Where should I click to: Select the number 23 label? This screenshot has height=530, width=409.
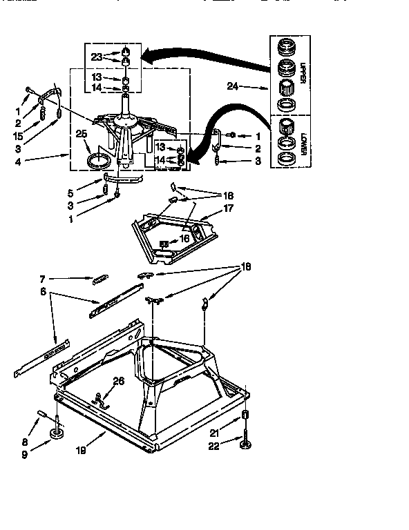point(95,57)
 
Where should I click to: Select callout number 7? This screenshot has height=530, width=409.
point(41,279)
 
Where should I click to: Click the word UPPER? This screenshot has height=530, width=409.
point(303,72)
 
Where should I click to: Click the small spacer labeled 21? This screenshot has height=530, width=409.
point(245,416)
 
